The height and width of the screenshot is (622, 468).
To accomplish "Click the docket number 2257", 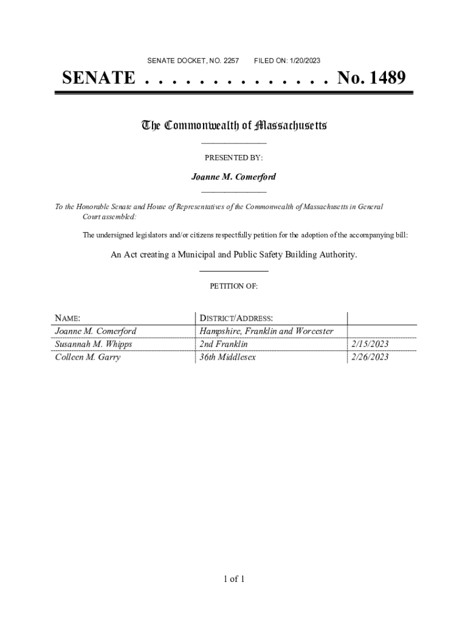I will coord(232,61).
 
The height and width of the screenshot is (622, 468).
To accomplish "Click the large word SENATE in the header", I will coord(98,78).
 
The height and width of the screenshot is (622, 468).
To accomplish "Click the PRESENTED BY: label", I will coord(233,157).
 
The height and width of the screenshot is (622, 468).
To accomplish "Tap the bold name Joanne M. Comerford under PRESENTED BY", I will coord(233,177).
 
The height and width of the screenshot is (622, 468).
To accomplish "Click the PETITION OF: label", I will coord(233,286).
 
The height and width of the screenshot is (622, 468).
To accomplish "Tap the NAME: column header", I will coord(67,318).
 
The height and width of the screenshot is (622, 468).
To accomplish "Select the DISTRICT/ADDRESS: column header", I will coord(236,318).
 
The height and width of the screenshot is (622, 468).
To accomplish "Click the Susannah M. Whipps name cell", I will coord(93,344).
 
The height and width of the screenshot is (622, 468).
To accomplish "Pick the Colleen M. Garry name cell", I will coord(88,357).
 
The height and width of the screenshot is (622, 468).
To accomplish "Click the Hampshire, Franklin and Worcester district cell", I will coord(266,332).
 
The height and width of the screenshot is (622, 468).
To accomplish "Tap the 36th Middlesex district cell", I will coord(228,357).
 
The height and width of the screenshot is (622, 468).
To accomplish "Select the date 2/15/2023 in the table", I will coord(370,344).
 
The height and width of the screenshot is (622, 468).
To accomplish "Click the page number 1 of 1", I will coord(233,579).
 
